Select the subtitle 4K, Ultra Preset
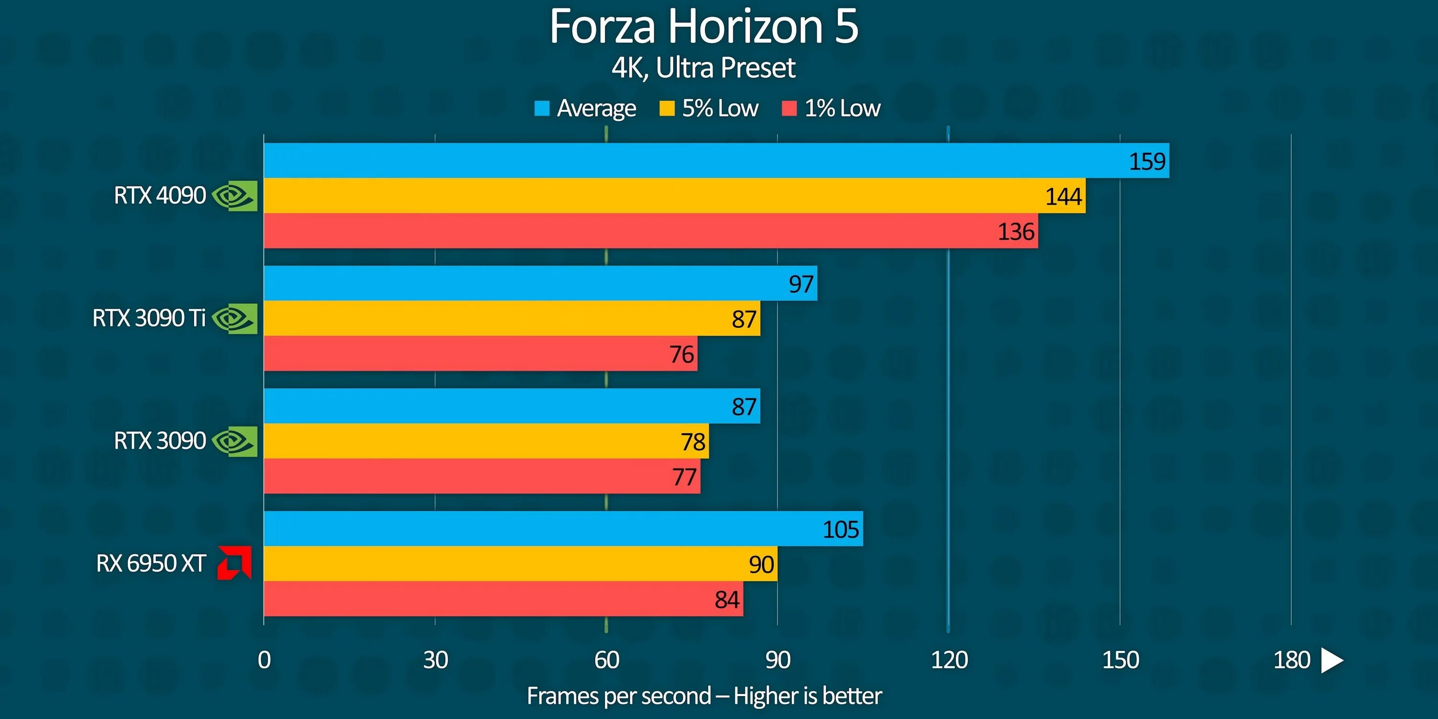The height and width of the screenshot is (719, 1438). (x=703, y=68)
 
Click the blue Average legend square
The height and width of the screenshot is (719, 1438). (x=542, y=108)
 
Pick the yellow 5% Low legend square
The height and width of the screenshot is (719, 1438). (x=667, y=108)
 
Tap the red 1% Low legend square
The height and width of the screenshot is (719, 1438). (x=789, y=108)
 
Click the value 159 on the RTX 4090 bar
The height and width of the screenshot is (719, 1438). (x=1147, y=162)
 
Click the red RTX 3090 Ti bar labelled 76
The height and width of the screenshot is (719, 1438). (x=480, y=354)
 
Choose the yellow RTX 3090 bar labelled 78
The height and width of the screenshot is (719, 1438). (x=486, y=441)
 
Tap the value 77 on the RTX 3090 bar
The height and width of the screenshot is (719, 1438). (x=684, y=477)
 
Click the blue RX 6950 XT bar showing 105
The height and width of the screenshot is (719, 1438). (x=563, y=529)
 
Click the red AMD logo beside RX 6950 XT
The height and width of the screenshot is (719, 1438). (x=234, y=563)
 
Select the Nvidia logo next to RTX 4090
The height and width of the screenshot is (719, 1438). (x=235, y=196)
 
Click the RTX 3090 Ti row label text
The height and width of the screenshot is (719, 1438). (x=149, y=319)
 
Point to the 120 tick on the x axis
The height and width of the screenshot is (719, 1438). (x=949, y=661)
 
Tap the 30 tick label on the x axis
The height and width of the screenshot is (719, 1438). (x=435, y=661)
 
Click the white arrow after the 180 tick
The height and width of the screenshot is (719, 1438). (x=1332, y=661)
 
